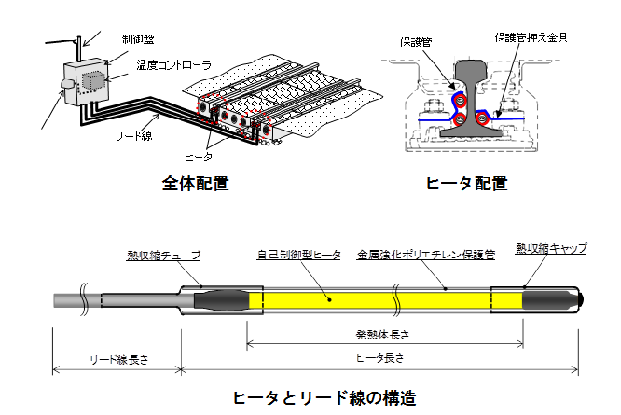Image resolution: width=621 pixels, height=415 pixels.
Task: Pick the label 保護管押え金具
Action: pos(531,38)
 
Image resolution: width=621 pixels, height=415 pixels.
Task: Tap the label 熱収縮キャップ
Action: pos(551,248)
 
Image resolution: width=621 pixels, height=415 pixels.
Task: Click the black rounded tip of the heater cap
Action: pos(579,297)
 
